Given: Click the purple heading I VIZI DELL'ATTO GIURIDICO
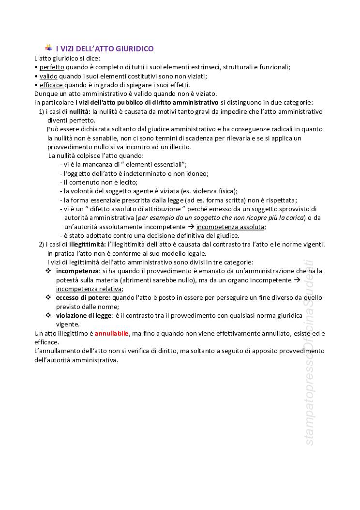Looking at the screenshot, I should (x=105, y=48).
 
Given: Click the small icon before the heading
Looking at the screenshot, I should (x=48, y=47).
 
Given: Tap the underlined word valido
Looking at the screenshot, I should (x=48, y=76).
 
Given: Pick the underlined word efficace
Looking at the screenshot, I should (x=50, y=85).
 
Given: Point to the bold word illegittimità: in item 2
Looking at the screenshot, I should (x=88, y=244).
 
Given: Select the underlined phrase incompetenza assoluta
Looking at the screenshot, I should (x=230, y=227).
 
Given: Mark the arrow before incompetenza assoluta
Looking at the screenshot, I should (x=191, y=227).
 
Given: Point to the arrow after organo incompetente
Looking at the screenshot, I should (x=297, y=280).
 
